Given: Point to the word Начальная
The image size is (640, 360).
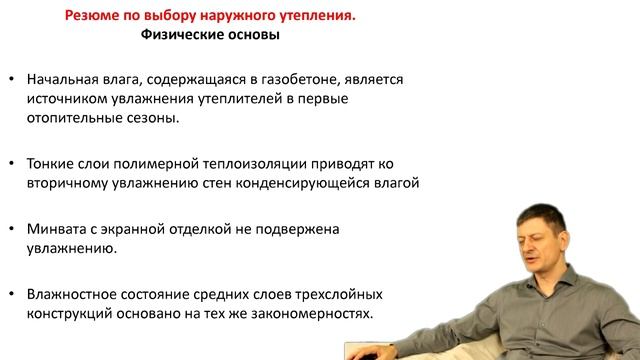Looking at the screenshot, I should click(x=68, y=78).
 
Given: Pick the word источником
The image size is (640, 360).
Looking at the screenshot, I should click(x=71, y=97).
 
